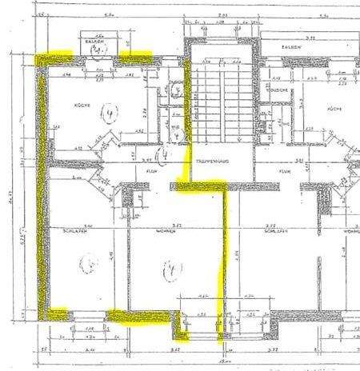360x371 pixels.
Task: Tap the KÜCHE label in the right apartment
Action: [334, 109]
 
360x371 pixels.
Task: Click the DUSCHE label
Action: [278, 90]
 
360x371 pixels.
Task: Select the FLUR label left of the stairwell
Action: [150, 170]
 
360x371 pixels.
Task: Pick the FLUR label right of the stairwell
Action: [284, 170]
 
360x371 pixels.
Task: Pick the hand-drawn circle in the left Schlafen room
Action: [90, 261]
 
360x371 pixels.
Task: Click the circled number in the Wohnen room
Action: [169, 270]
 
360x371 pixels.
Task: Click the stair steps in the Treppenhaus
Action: [219, 104]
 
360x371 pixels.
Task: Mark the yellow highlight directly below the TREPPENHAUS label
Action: [200, 187]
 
